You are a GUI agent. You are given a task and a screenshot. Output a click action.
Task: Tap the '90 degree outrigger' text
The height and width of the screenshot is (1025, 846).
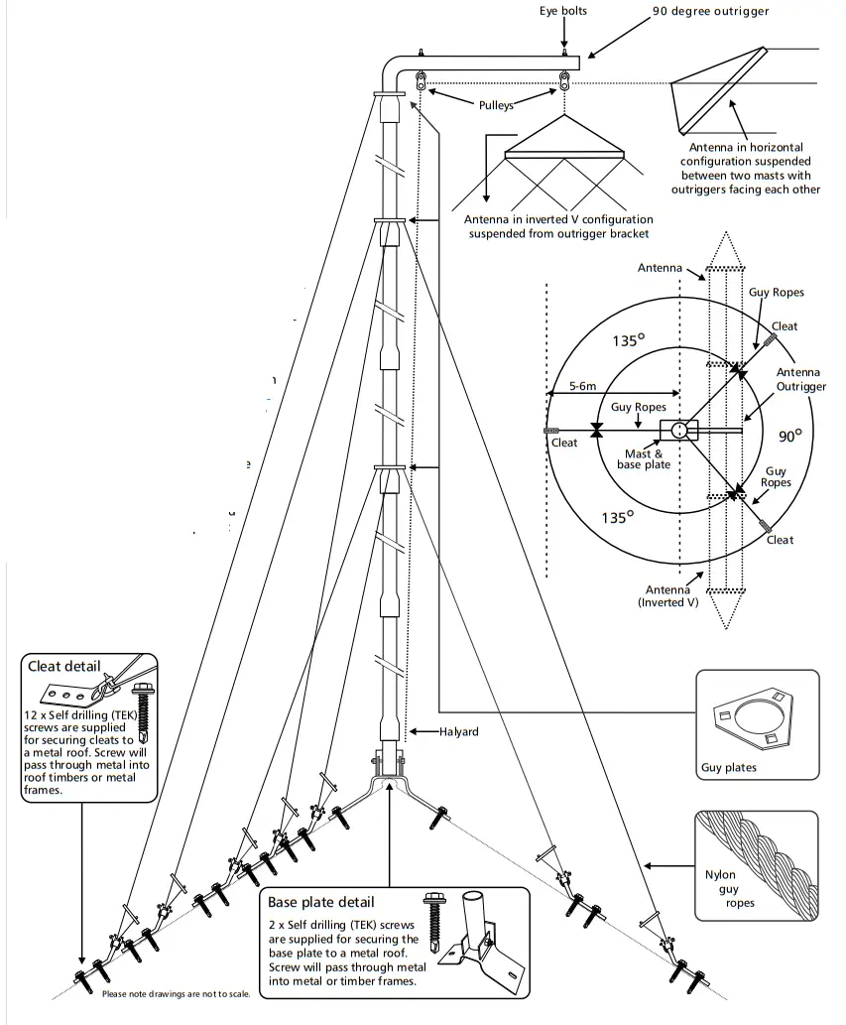coord(711,12)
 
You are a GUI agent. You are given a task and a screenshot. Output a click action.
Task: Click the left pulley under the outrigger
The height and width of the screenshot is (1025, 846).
coord(421,80)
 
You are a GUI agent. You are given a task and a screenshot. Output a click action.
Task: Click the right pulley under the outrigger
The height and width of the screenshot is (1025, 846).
coord(563,80)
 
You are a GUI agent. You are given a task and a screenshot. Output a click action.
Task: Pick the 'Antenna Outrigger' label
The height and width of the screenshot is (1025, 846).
coord(800,379)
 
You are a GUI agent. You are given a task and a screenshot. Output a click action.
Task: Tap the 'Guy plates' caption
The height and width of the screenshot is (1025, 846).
coord(728,767)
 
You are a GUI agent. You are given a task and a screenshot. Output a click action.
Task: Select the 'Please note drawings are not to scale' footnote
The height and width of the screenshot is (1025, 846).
coord(177,994)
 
